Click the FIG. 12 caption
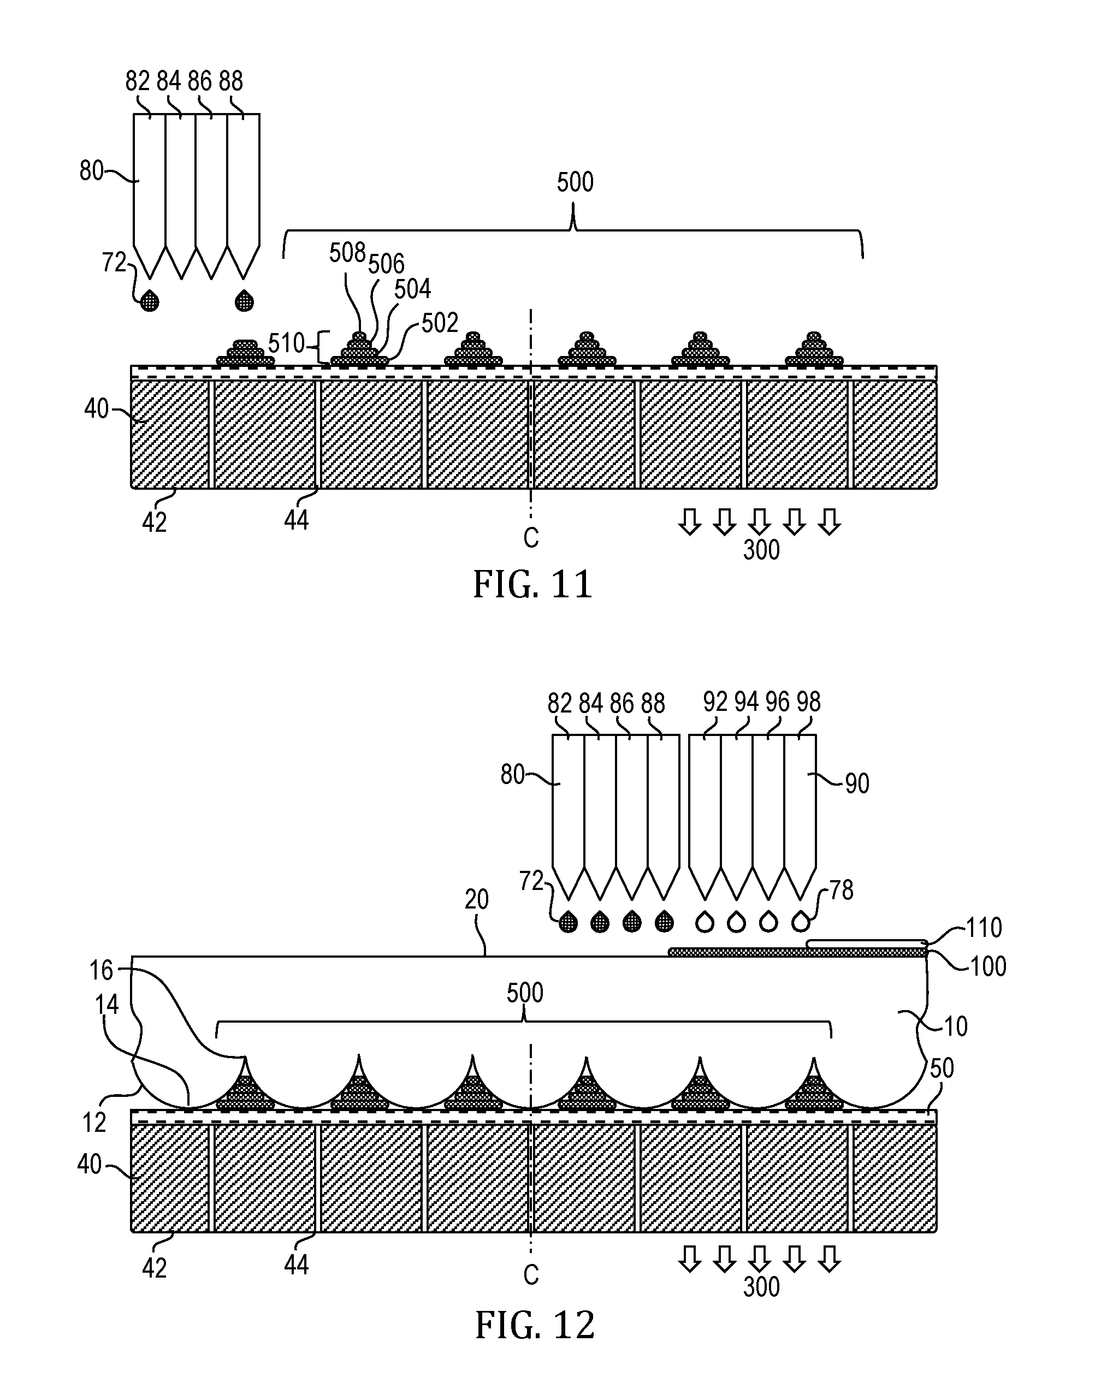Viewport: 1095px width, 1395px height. pos(535,1325)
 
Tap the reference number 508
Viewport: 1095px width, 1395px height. pos(347,253)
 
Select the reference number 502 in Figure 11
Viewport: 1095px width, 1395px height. pos(440,323)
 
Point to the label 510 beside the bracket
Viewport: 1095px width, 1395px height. pos(287,344)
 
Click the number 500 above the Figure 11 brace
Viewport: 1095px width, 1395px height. pos(575,182)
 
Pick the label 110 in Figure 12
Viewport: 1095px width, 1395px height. pos(984,927)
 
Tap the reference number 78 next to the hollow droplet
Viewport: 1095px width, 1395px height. pos(842,890)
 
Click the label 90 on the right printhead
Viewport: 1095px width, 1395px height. pos(857,783)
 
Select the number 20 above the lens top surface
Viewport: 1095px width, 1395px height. pos(477,900)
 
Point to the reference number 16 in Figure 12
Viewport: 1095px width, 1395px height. pos(101,971)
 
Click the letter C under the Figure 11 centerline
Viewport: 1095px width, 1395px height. pos(531,538)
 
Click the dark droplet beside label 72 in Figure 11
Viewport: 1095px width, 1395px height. pos(150,300)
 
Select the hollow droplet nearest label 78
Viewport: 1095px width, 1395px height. pos(800,921)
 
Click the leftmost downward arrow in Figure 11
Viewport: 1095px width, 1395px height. pos(690,521)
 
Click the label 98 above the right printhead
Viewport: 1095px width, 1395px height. pos(808,702)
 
